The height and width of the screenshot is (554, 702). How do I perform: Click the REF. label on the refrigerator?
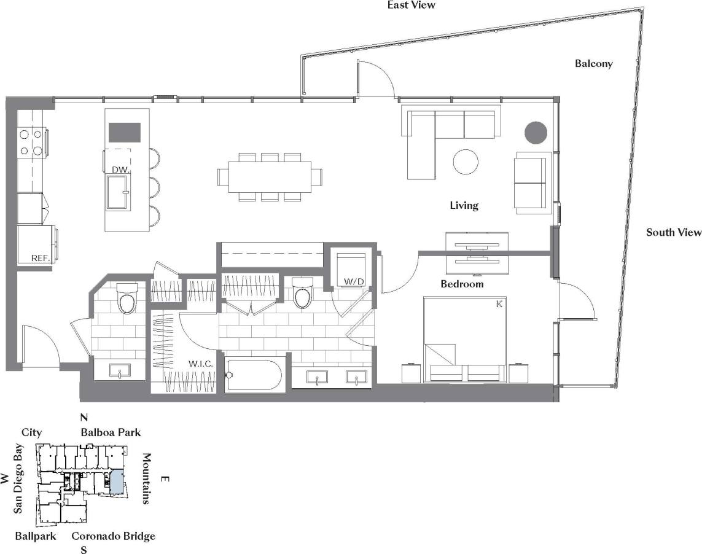40,259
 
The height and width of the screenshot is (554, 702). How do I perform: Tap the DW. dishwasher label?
119,169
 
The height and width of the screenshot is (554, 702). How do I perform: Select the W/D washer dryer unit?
352,268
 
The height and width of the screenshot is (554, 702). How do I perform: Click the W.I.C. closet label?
201,364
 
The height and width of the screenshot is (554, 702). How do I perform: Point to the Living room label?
464,206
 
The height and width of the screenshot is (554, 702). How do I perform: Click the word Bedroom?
462,284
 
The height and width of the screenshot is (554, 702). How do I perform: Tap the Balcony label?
593,63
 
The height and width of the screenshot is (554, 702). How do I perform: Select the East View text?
411,5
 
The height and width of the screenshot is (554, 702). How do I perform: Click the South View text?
673,232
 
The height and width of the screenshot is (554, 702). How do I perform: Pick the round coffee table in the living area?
466,162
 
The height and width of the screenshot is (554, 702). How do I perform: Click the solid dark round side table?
536,133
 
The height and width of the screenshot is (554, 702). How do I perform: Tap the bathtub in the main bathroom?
254,374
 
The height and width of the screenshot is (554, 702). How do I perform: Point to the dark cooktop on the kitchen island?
125,132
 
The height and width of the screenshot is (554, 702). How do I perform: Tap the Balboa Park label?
111,432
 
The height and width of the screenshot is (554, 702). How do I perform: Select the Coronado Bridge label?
113,536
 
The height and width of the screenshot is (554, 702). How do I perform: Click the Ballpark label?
36,536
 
